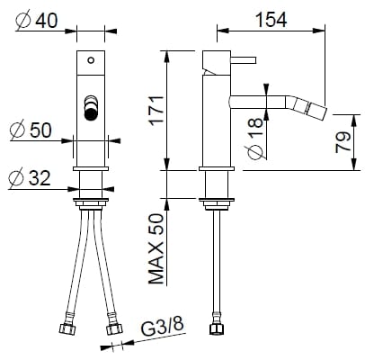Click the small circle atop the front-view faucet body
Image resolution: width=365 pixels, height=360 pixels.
(x=89, y=61)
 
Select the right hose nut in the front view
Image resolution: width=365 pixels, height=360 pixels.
(x=114, y=325)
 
